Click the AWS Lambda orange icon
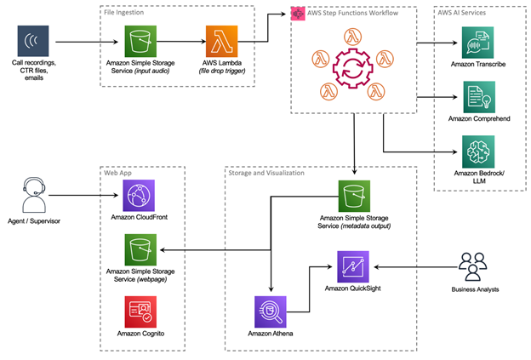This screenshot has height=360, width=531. click(x=220, y=40)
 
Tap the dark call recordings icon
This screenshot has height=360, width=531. click(x=32, y=41)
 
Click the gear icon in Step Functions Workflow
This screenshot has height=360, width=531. click(x=353, y=67)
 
